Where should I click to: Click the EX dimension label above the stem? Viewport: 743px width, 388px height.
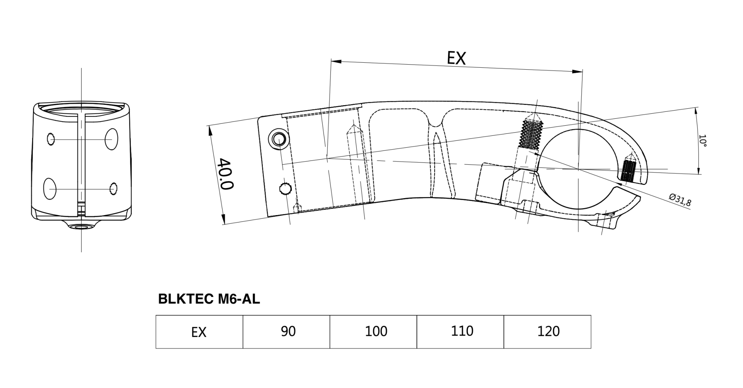tap(456, 58)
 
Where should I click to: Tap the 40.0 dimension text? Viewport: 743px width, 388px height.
tap(225, 173)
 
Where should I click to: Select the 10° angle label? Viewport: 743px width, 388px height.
tap(702, 141)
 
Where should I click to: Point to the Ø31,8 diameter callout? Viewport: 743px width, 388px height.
tap(680, 200)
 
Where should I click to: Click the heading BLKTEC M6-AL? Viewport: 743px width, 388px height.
tap(209, 299)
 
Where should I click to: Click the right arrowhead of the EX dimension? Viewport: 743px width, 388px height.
tap(577, 72)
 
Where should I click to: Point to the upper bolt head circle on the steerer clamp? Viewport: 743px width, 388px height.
tap(279, 138)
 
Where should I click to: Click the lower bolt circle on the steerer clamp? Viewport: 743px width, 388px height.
tap(285, 189)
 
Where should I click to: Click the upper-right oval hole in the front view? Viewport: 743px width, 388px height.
tap(111, 139)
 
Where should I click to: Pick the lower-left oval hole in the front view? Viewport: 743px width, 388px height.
tap(50, 189)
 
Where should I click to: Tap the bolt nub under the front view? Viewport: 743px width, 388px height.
tap(81, 226)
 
